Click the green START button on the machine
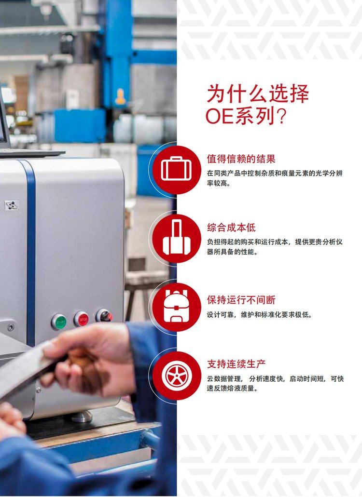point(59,322)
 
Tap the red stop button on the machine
point(82,319)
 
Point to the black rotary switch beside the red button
point(104,316)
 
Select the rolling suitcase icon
point(176,238)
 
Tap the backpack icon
point(176,307)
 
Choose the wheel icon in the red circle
point(177,376)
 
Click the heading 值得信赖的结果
point(241,159)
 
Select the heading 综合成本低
point(231,228)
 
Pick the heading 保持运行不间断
point(241,300)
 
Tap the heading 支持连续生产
point(237,364)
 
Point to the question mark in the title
point(281,117)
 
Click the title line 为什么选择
point(258,94)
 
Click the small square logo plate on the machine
point(12,205)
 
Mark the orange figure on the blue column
point(121,96)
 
